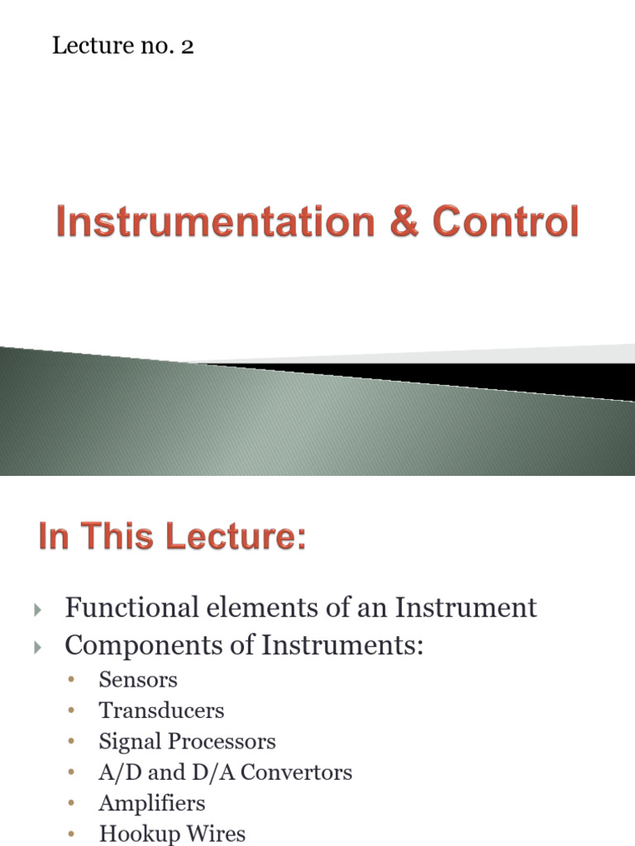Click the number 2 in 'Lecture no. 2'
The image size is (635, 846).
(x=188, y=46)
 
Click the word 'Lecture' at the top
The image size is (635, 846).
(x=82, y=46)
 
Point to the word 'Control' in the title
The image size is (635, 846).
(x=505, y=223)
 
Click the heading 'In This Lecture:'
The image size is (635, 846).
(x=172, y=538)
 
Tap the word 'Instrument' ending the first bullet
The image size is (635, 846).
(x=466, y=608)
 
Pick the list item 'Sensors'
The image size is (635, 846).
(x=138, y=680)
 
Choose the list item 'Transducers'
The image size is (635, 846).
(x=161, y=711)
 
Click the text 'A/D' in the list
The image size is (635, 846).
(x=115, y=772)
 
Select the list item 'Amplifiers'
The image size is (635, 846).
(x=152, y=803)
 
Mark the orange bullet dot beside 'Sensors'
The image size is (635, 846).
(x=73, y=680)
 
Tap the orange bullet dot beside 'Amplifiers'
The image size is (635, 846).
(x=73, y=803)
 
